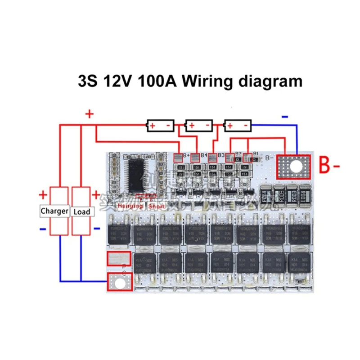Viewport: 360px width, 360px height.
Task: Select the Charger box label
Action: [x=54, y=211]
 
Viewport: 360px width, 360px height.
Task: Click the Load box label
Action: [x=81, y=211]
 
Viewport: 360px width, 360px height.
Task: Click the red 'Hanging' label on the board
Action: [x=130, y=206]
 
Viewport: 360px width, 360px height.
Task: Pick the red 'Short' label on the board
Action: [x=157, y=206]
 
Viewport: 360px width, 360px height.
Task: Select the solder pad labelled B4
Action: [x=196, y=157]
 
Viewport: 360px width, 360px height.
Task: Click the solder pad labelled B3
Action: [x=212, y=157]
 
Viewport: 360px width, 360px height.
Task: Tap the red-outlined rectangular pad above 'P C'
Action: [x=118, y=259]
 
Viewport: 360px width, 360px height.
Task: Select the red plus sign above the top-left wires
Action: [x=89, y=114]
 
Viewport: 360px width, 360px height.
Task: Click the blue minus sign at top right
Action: [x=285, y=116]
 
